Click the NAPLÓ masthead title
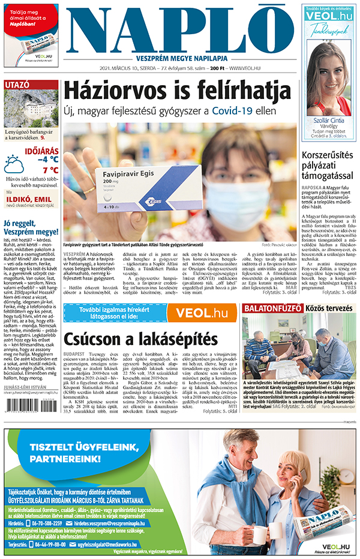coord(180,30)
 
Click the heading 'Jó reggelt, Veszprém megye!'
coord(31,227)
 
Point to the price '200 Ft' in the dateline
coord(217,69)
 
